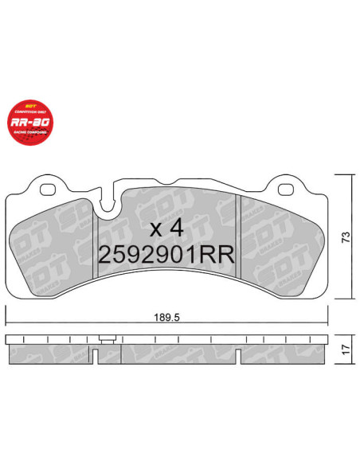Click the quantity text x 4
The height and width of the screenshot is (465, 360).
pos(167,229)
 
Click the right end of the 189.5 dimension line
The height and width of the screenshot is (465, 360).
pos(327,324)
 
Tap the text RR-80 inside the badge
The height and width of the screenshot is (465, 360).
pos(30,123)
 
